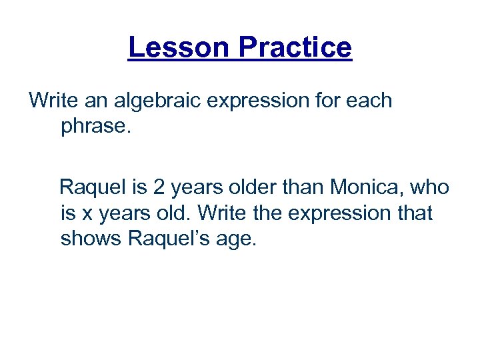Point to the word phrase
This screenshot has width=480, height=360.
tap(97, 126)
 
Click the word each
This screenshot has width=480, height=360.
tap(368, 101)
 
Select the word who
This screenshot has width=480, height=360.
tap(429, 189)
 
